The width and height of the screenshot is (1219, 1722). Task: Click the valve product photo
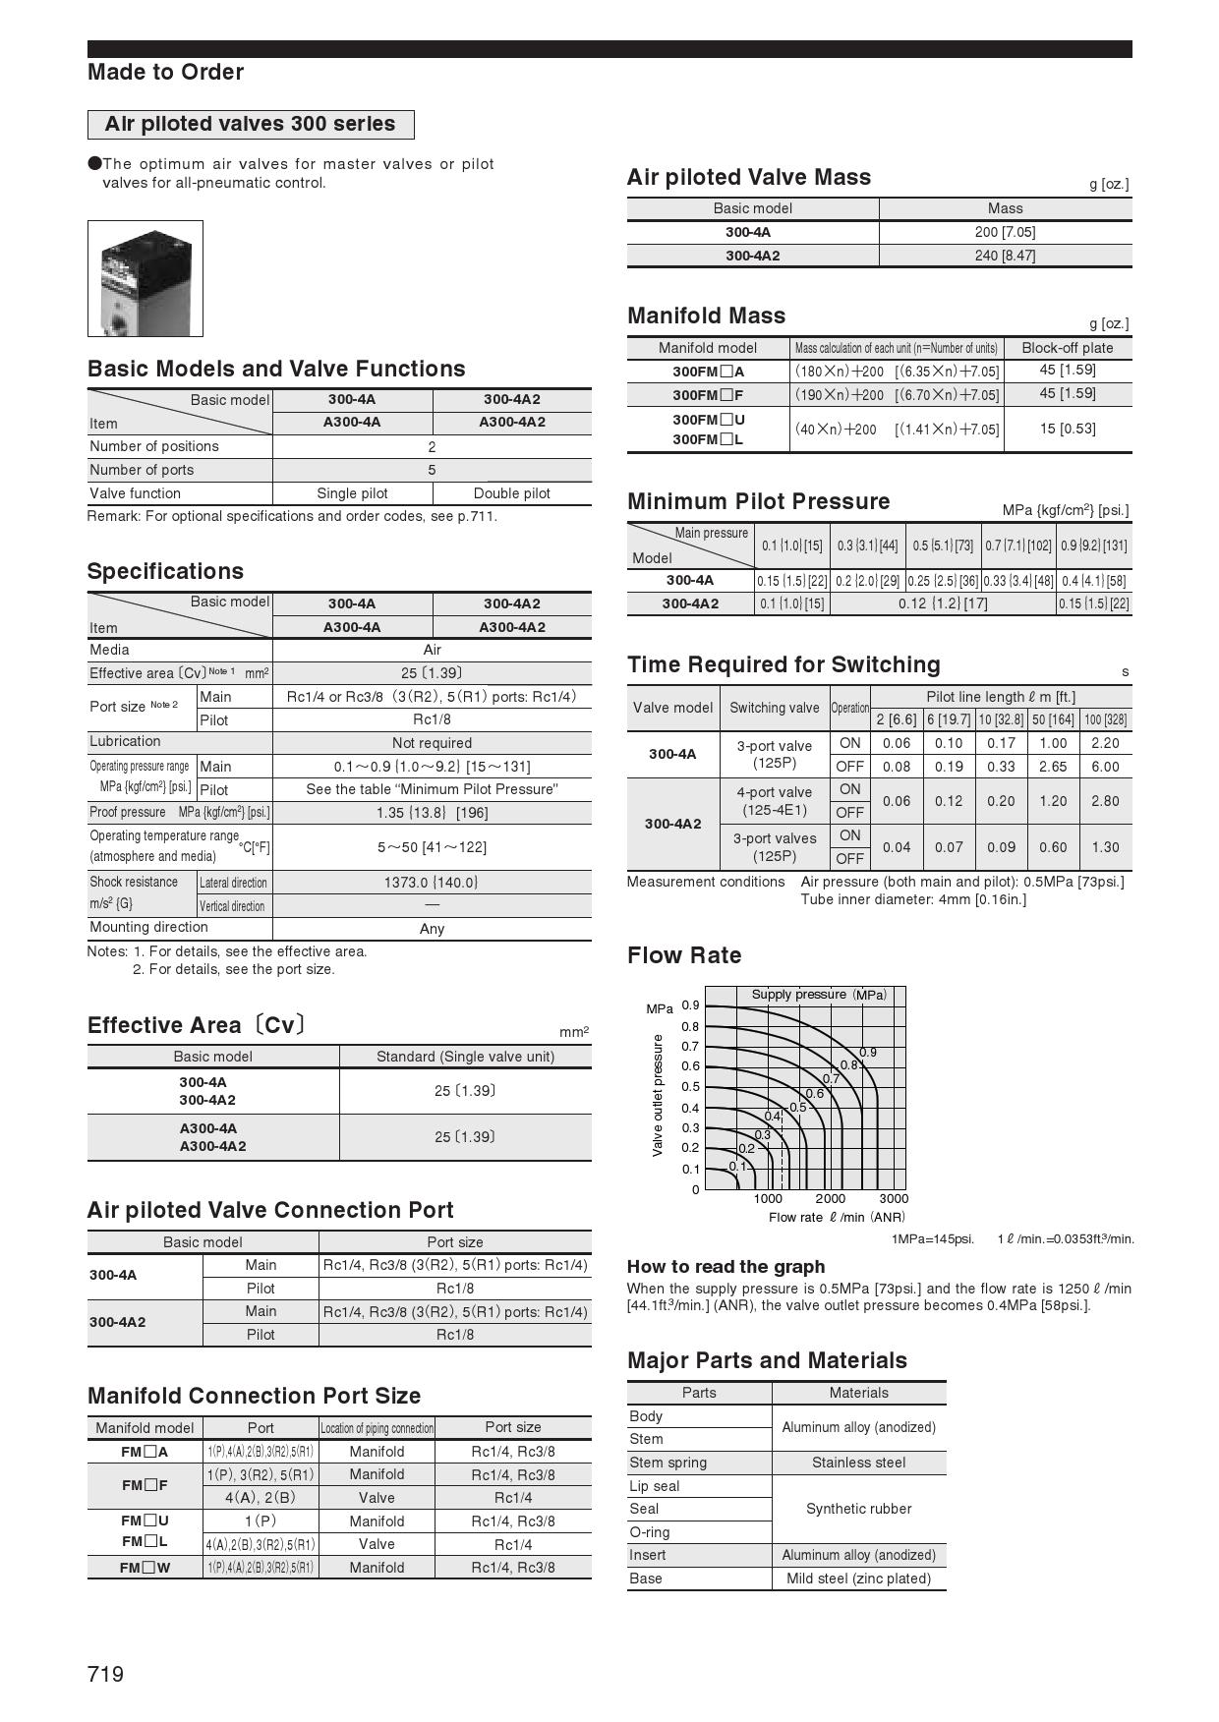coord(145,278)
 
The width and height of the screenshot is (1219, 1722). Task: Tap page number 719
coord(106,1674)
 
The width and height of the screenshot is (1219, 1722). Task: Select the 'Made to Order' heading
coord(165,72)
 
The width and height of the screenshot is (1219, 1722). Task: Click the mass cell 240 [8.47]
coord(1005,256)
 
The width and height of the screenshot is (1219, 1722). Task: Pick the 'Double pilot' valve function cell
coord(511,493)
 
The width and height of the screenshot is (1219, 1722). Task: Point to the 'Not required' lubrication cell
coord(432,743)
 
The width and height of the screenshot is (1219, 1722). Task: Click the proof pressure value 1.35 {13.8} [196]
coord(432,813)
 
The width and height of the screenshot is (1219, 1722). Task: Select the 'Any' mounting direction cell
coord(432,929)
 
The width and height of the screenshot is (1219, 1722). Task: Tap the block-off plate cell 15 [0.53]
coord(1067,429)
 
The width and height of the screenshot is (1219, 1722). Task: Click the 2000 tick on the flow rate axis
coord(831,1199)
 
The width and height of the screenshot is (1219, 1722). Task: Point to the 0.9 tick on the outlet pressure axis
coord(691,1005)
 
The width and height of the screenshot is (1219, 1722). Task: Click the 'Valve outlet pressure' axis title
coord(658,1095)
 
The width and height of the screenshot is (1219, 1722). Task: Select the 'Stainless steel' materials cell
coord(858,1463)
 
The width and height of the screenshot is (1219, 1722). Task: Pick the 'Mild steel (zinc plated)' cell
coord(858,1578)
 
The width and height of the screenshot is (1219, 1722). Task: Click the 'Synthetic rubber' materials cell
coord(858,1509)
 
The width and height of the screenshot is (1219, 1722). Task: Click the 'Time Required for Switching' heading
coord(784,665)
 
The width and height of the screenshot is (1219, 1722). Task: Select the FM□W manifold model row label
coord(145,1568)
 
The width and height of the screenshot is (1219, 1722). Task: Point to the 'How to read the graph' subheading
coord(726,1267)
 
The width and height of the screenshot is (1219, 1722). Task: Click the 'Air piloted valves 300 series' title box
coord(251,125)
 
